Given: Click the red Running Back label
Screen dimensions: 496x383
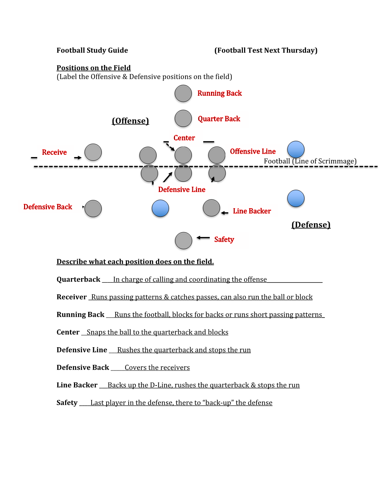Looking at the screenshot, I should [220, 93].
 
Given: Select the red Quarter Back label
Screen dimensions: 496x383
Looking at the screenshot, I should [219, 119].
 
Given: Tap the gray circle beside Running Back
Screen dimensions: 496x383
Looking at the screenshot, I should [183, 94].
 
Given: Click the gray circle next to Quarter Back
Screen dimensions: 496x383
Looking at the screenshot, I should [183, 118].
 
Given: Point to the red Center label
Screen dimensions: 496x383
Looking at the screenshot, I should [184, 138].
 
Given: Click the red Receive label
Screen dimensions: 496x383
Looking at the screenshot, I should [54, 152].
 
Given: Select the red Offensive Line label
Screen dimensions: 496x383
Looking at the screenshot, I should [253, 151].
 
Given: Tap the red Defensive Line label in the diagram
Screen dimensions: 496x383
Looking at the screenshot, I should [182, 190].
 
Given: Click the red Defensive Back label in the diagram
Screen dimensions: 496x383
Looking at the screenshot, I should [48, 207].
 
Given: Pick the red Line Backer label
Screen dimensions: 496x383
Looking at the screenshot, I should [252, 211].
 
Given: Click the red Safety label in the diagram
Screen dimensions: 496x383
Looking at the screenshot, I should [224, 240].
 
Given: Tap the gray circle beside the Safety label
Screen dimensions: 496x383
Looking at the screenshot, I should [184, 240].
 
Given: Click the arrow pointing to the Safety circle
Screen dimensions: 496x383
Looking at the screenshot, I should [203, 237].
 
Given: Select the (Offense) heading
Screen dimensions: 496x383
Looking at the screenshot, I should [130, 121].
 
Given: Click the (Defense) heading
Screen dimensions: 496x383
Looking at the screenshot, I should [311, 225].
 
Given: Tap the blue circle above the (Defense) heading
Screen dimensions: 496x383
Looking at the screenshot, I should [296, 198].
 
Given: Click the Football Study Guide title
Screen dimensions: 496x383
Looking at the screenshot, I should [92, 50].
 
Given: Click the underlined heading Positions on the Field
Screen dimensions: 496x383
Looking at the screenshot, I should [93, 68].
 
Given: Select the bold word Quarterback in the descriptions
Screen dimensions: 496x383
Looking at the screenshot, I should [78, 280].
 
